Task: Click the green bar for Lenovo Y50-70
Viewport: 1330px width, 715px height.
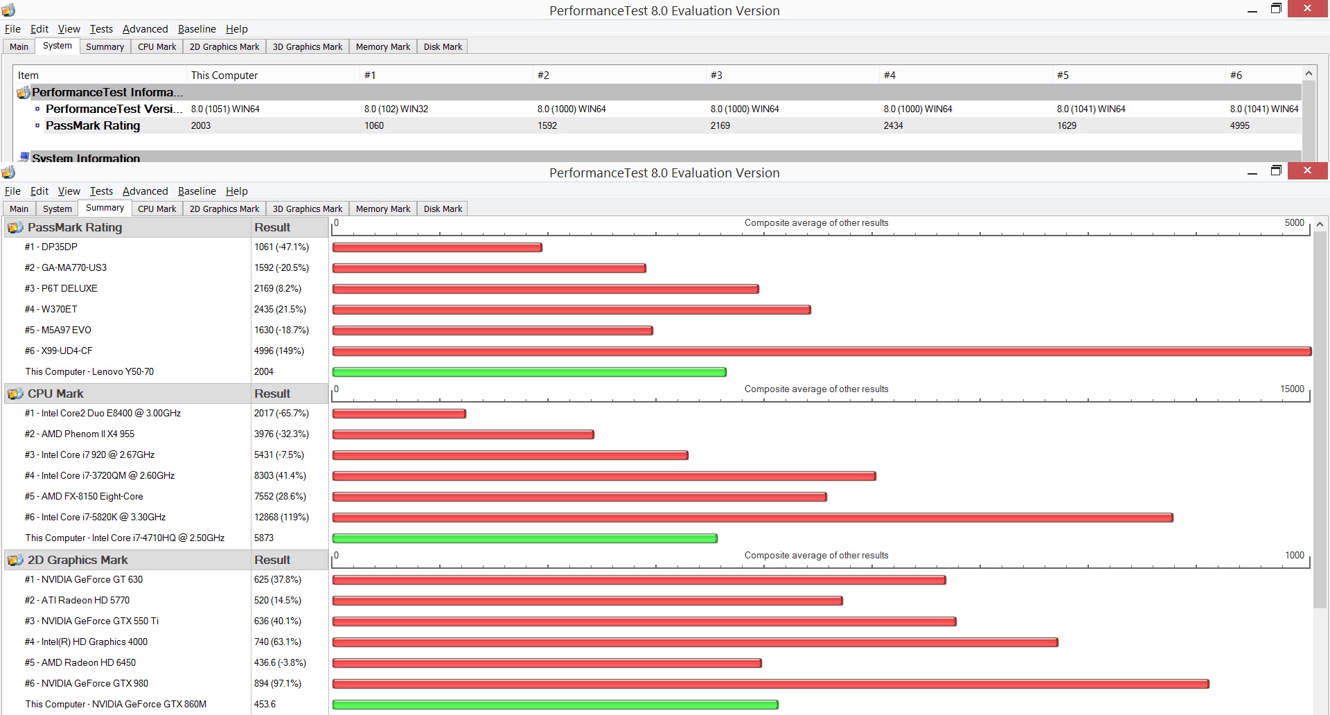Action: [529, 372]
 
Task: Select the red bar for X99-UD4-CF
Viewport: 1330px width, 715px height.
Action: [822, 351]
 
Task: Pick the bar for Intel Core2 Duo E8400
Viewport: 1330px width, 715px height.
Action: [399, 414]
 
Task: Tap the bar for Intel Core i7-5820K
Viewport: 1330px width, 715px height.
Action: [753, 518]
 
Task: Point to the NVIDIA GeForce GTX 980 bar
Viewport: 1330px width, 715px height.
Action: [771, 684]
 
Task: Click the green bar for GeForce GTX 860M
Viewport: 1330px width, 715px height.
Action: [556, 705]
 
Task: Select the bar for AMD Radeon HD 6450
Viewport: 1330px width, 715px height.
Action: [547, 663]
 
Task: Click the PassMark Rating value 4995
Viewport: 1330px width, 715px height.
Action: [1240, 125]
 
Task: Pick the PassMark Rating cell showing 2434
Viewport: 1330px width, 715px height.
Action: [894, 125]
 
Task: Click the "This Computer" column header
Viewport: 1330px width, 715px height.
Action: [224, 75]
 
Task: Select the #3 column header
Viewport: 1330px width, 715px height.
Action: [716, 75]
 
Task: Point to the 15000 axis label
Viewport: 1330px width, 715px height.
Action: [1292, 389]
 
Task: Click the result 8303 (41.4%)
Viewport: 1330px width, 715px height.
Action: [280, 475]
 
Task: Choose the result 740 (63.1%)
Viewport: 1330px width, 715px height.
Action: [278, 642]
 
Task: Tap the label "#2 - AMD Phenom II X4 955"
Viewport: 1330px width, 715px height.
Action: [80, 434]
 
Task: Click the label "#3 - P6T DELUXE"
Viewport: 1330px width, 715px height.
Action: [61, 288]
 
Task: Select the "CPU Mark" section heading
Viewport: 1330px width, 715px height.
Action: [55, 394]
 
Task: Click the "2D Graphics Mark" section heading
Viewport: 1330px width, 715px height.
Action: [78, 560]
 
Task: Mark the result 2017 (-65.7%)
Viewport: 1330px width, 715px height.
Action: [281, 413]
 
